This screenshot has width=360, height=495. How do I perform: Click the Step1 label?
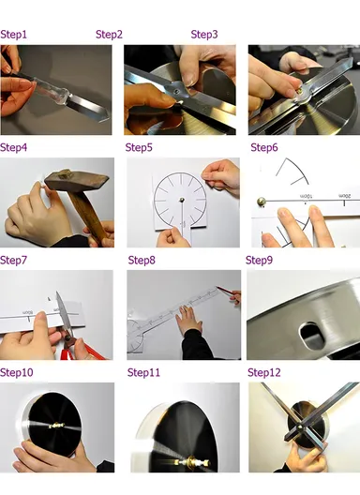pos(14,35)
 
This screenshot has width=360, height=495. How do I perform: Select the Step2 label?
pos(110,35)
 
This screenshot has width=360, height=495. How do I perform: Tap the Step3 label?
pos(204,35)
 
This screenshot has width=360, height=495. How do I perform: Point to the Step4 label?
pos(14,147)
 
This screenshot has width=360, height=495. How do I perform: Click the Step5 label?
pos(140,147)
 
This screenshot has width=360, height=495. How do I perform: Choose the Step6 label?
pos(264,147)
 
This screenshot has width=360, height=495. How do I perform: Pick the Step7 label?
pos(14,260)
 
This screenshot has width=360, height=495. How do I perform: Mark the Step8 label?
pos(142,260)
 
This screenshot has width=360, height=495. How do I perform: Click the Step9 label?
pos(260,260)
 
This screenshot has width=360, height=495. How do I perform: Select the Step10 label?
pos(17,372)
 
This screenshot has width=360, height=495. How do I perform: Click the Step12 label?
pos(264,372)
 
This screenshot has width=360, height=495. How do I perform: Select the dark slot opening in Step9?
pos(306,332)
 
